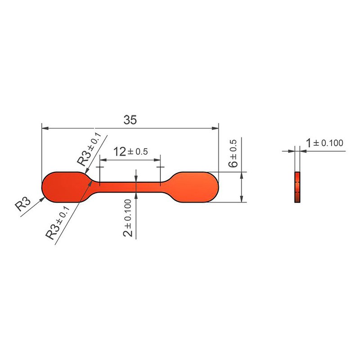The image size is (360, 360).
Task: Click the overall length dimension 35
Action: pos(130,120)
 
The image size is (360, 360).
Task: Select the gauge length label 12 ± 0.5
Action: pos(130,152)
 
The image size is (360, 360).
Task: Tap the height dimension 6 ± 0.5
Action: pos(233,153)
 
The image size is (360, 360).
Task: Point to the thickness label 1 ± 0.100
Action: pos(325,143)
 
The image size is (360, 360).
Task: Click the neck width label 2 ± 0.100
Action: pos(128,218)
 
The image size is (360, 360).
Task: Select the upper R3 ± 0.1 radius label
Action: pos(89,149)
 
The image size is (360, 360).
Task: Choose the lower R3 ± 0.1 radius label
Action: pos(58,223)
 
